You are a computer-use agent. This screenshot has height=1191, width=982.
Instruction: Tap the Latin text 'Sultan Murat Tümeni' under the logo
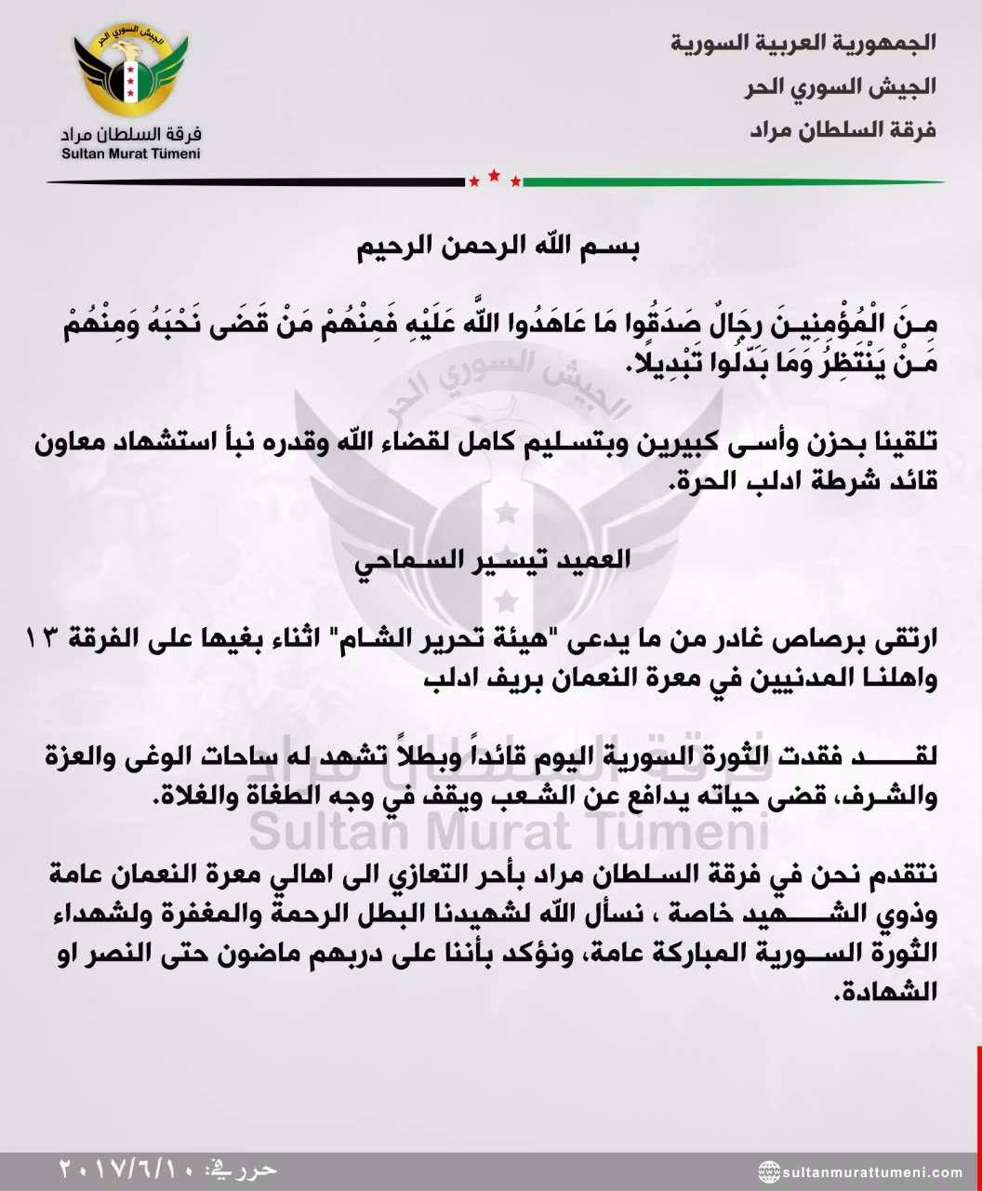[131, 154]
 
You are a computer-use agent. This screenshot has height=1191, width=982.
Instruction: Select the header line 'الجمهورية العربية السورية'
[803, 43]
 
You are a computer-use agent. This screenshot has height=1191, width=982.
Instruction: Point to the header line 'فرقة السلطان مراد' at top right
[843, 129]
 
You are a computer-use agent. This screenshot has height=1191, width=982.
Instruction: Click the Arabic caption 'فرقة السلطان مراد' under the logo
[131, 131]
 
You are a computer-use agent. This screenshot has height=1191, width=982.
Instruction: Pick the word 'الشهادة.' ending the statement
[918, 993]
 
